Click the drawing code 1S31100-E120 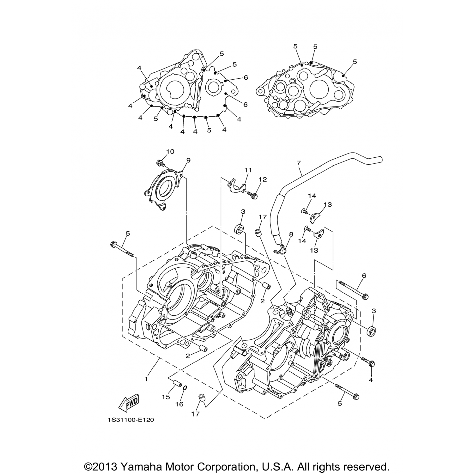pos(131,420)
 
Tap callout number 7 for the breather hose pos(299,163)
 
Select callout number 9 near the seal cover pos(188,160)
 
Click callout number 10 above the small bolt pos(170,152)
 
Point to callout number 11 pos(248,170)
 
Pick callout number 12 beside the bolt pos(263,179)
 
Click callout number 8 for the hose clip pos(291,234)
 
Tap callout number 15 pos(166,397)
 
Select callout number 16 pos(179,404)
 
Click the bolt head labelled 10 pos(160,163)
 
